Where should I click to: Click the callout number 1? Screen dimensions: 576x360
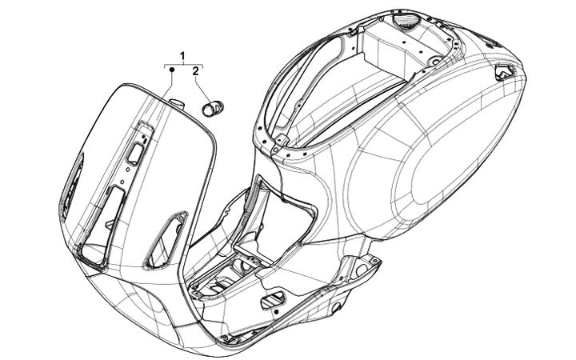pyautogui.click(x=183, y=55)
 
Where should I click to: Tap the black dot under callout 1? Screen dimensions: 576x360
pyautogui.click(x=171, y=71)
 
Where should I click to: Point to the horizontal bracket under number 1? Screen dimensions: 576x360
pyautogui.click(x=184, y=64)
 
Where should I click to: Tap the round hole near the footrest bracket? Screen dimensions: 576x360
pyautogui.click(x=337, y=307)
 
